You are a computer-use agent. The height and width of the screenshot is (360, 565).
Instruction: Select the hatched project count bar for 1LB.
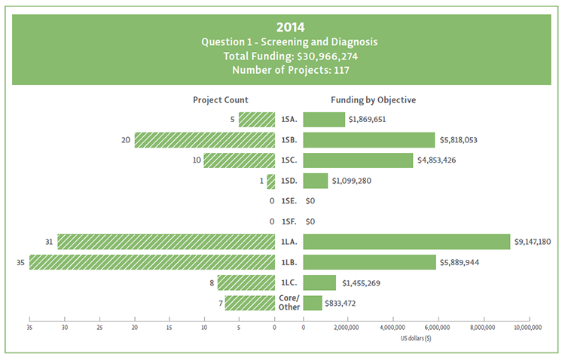(152, 262)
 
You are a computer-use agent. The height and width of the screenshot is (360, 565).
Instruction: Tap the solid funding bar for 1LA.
(407, 242)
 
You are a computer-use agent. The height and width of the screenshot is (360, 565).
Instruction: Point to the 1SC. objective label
(289, 160)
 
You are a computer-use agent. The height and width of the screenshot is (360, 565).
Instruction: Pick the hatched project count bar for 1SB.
(205, 140)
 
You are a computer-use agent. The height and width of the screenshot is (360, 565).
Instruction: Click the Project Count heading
(221, 100)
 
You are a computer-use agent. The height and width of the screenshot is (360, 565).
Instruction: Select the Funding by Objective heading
(374, 100)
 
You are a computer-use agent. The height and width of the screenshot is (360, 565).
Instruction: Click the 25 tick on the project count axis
(99, 328)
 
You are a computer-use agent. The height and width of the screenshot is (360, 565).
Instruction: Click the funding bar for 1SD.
(316, 181)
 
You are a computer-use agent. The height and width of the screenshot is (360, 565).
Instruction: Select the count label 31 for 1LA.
(49, 242)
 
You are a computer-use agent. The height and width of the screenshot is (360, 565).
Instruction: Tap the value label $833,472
(345, 304)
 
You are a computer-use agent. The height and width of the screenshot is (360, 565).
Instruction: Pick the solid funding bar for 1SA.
(324, 119)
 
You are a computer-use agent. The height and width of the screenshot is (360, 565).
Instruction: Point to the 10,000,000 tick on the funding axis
(527, 328)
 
